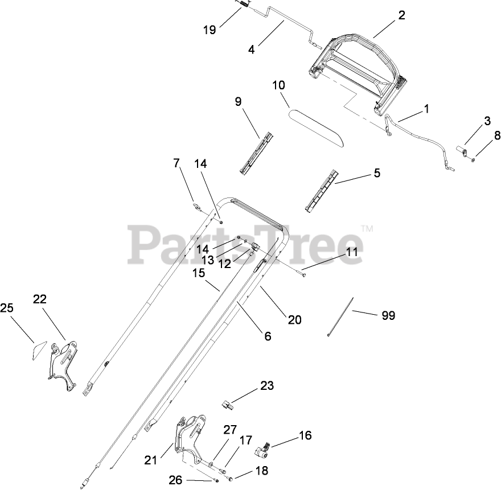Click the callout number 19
click(210, 30)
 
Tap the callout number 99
click(388, 315)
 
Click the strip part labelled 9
click(256, 151)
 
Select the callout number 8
click(497, 135)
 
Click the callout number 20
click(294, 319)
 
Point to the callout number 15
click(198, 273)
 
